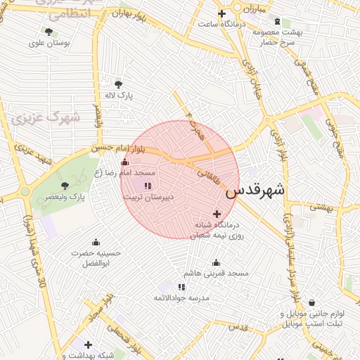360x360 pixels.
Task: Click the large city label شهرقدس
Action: click(x=257, y=190)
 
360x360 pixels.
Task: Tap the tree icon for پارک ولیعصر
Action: click(x=65, y=186)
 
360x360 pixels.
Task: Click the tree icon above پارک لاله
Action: click(x=118, y=84)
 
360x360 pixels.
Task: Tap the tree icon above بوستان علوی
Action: click(x=49, y=32)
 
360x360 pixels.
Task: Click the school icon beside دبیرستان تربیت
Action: click(x=148, y=186)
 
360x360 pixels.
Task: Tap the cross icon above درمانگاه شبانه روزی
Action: click(x=217, y=214)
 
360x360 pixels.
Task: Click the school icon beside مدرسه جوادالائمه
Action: click(x=182, y=287)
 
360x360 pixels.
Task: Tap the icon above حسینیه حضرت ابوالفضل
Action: click(x=96, y=242)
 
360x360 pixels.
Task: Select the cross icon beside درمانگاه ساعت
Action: click(x=221, y=13)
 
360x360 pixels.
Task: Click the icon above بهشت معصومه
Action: click(x=277, y=22)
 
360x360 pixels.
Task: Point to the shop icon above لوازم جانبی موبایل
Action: click(x=311, y=303)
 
